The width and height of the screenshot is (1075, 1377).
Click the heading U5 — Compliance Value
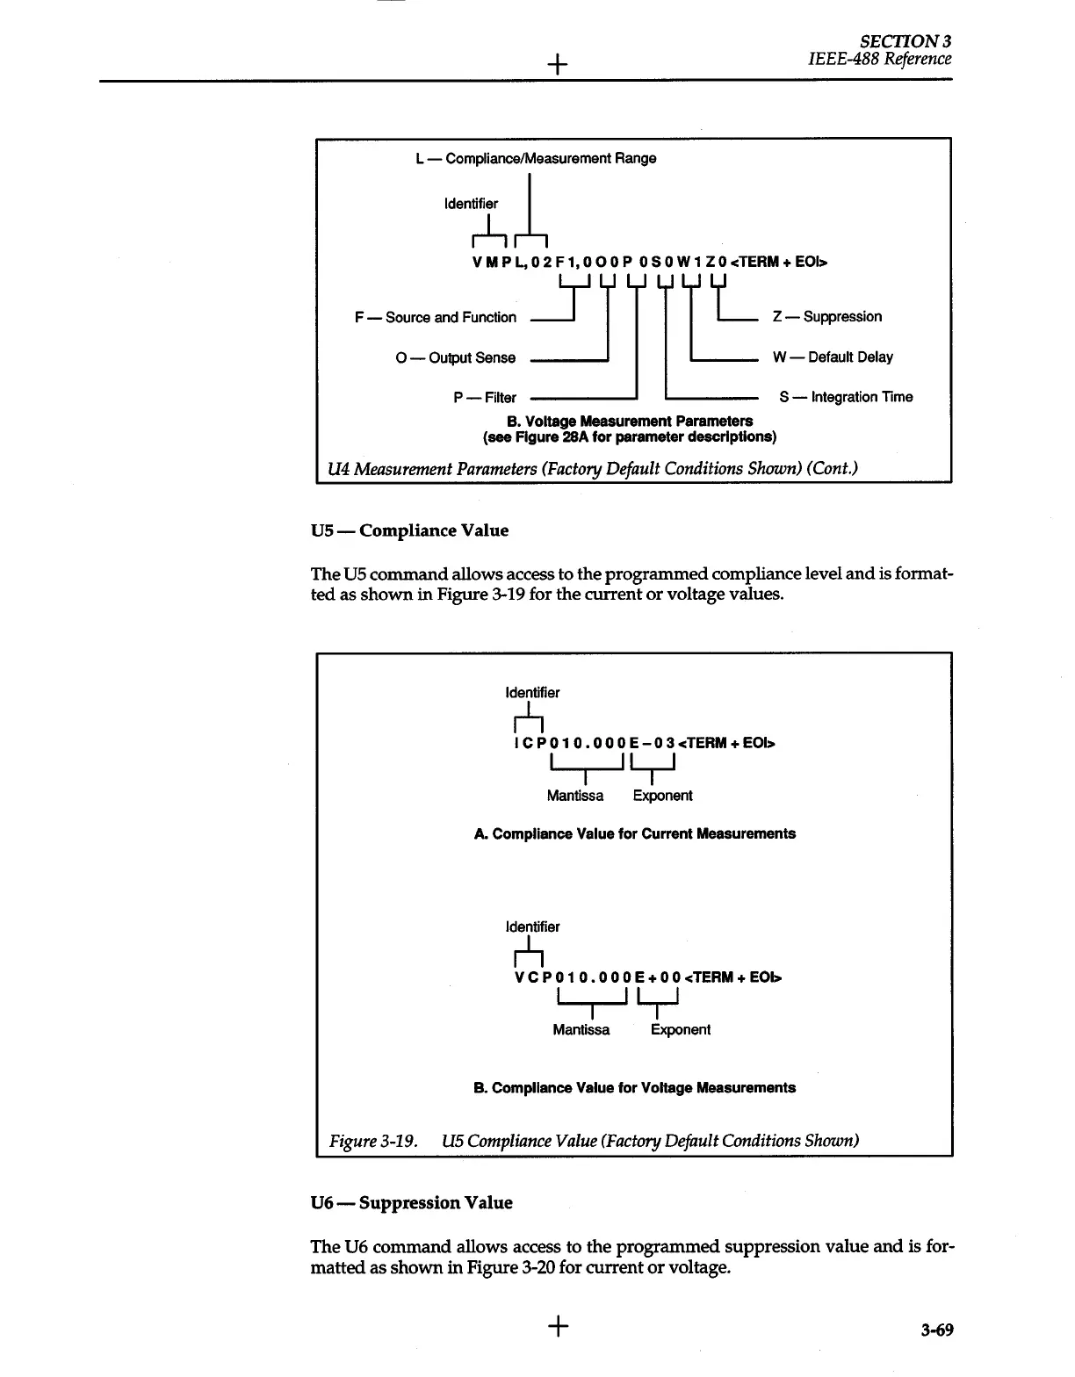pyautogui.click(x=409, y=530)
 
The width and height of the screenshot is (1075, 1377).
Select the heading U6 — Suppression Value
pyautogui.click(x=411, y=1202)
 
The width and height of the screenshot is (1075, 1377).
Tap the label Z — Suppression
pyautogui.click(x=826, y=316)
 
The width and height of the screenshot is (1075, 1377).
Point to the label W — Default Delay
pyautogui.click(x=832, y=357)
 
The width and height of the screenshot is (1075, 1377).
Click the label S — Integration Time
pyautogui.click(x=845, y=397)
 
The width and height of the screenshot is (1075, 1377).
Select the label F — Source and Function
pyautogui.click(x=436, y=317)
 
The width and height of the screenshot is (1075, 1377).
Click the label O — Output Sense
pyautogui.click(x=455, y=357)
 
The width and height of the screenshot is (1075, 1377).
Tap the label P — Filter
pyautogui.click(x=485, y=398)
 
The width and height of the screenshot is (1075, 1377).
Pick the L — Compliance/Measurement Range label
pyautogui.click(x=536, y=159)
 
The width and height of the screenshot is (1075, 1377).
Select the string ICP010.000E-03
pyautogui.click(x=594, y=744)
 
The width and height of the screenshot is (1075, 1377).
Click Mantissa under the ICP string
pyautogui.click(x=575, y=796)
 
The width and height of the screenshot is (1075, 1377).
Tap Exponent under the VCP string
pyautogui.click(x=681, y=1029)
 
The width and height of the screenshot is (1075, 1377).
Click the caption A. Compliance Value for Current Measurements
pyautogui.click(x=634, y=833)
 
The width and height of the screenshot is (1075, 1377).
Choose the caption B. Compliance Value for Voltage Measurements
pyautogui.click(x=634, y=1087)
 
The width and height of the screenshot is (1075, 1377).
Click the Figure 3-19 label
pyautogui.click(x=372, y=1141)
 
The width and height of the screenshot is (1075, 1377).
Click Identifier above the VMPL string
pyautogui.click(x=471, y=204)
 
